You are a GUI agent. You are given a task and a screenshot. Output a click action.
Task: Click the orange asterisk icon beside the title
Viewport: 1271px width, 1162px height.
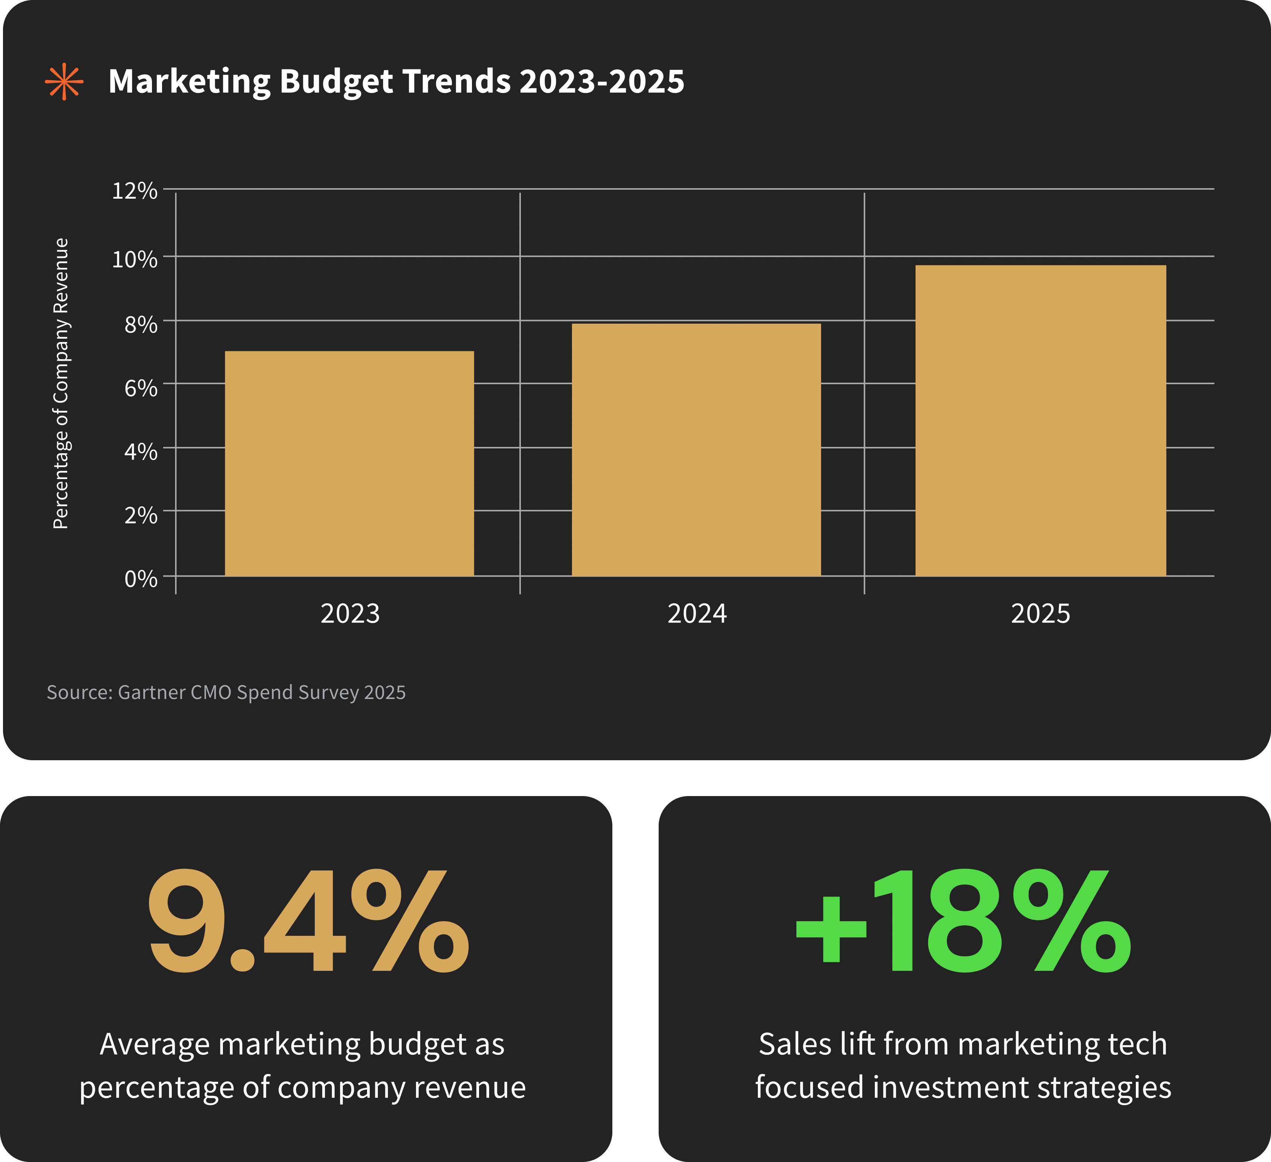[64, 82]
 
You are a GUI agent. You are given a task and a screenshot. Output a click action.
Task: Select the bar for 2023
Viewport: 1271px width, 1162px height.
[349, 463]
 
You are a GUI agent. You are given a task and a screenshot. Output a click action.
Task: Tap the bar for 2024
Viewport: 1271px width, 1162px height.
[696, 450]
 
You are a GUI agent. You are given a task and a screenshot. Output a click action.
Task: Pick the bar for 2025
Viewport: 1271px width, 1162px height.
[1040, 420]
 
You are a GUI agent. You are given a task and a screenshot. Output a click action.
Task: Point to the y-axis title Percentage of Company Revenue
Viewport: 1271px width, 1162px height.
[60, 383]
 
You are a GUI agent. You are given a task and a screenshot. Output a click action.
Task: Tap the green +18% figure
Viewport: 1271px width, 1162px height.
[963, 920]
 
